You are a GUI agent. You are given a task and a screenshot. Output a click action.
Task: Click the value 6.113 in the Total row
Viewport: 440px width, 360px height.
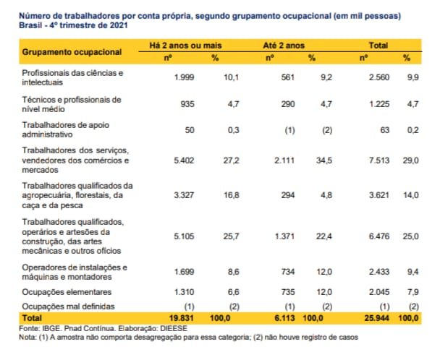pyautogui.click(x=277, y=318)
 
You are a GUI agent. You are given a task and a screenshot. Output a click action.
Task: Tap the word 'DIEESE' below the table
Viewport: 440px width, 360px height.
pyautogui.click(x=172, y=328)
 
